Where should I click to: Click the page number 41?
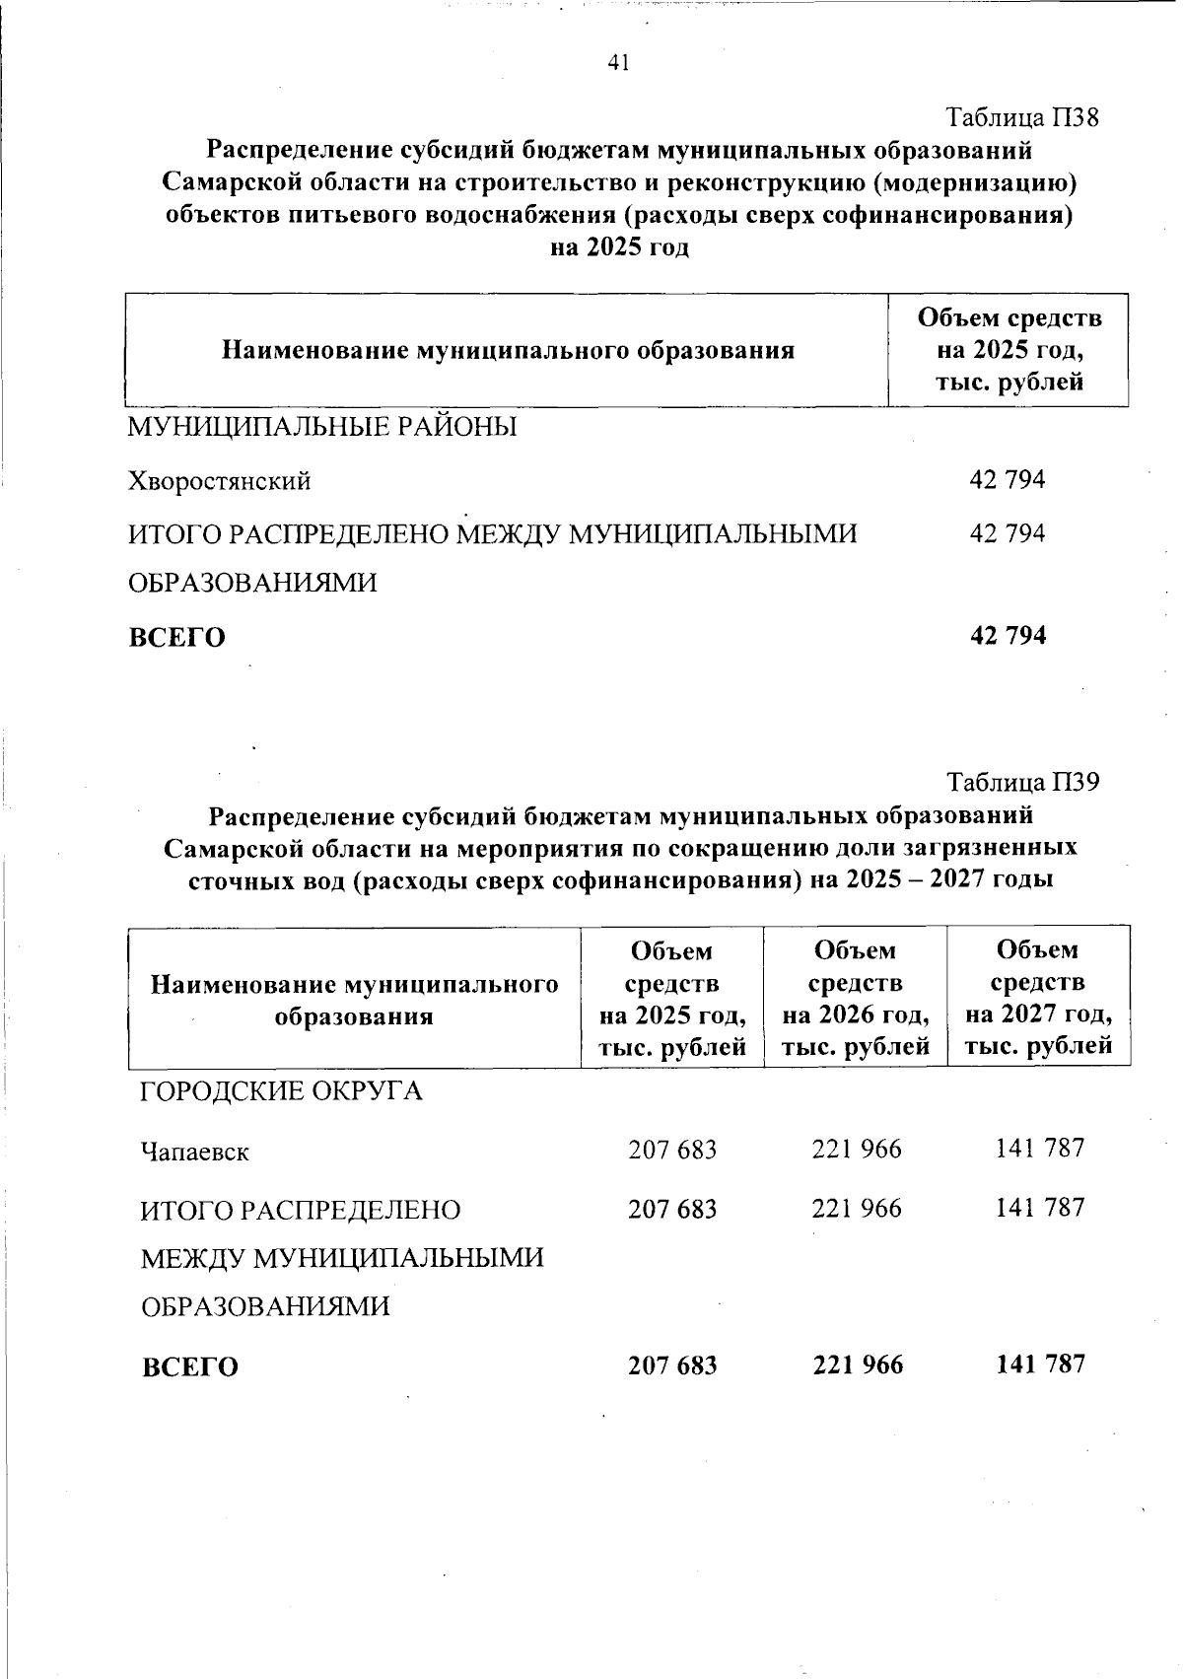[619, 64]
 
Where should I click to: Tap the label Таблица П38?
[1022, 118]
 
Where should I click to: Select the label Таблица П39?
[1022, 783]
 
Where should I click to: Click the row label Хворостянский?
[220, 481]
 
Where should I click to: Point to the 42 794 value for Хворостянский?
[1008, 480]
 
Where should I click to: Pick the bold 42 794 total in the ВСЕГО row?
[1008, 636]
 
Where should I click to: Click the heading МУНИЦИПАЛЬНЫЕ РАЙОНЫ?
[323, 428]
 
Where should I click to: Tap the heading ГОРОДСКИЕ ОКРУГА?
[282, 1091]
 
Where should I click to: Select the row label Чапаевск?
[195, 1152]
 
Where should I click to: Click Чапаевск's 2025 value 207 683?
[672, 1150]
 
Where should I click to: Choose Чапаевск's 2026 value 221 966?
[856, 1150]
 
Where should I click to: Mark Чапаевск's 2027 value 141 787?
[1039, 1148]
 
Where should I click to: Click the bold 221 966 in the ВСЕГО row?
[857, 1365]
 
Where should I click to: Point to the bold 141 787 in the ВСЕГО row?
[1039, 1364]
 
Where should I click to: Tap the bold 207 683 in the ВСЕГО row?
[672, 1365]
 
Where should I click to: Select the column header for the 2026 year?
[856, 998]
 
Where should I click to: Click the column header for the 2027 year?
[1039, 998]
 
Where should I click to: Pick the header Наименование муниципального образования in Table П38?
[508, 351]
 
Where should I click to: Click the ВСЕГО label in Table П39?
[190, 1367]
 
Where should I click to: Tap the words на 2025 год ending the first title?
[618, 246]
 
